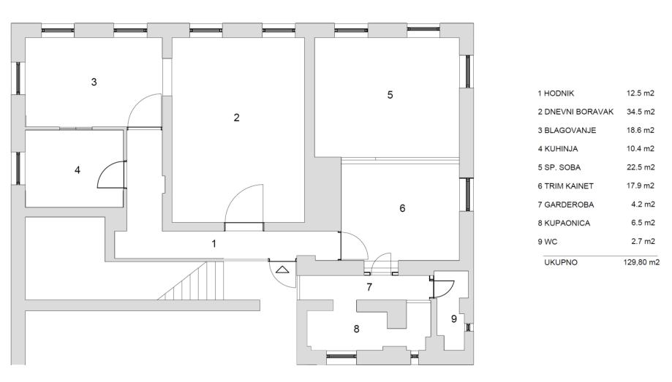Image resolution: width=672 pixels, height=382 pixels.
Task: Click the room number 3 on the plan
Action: coord(94,82)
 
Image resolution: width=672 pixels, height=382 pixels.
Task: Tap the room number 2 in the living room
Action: coord(236,118)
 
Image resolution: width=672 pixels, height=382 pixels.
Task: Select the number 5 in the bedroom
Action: coord(390,95)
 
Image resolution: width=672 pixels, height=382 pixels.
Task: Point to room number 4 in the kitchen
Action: coord(77,170)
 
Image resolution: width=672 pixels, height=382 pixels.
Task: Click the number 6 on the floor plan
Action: coord(401,208)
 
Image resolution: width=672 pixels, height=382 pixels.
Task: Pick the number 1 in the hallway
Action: coord(214,243)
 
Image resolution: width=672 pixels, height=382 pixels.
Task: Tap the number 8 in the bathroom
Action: coord(356,329)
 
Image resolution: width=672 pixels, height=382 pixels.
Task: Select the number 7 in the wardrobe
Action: coord(369,287)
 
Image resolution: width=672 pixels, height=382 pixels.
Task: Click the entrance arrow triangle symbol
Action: coord(282,270)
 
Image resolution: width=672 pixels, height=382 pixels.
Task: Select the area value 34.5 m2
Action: coord(641,112)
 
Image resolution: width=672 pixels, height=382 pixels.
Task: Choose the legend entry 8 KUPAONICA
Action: coord(565,221)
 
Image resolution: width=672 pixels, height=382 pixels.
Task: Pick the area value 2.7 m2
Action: coord(643,240)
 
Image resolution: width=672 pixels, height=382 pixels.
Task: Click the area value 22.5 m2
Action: coord(641,167)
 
